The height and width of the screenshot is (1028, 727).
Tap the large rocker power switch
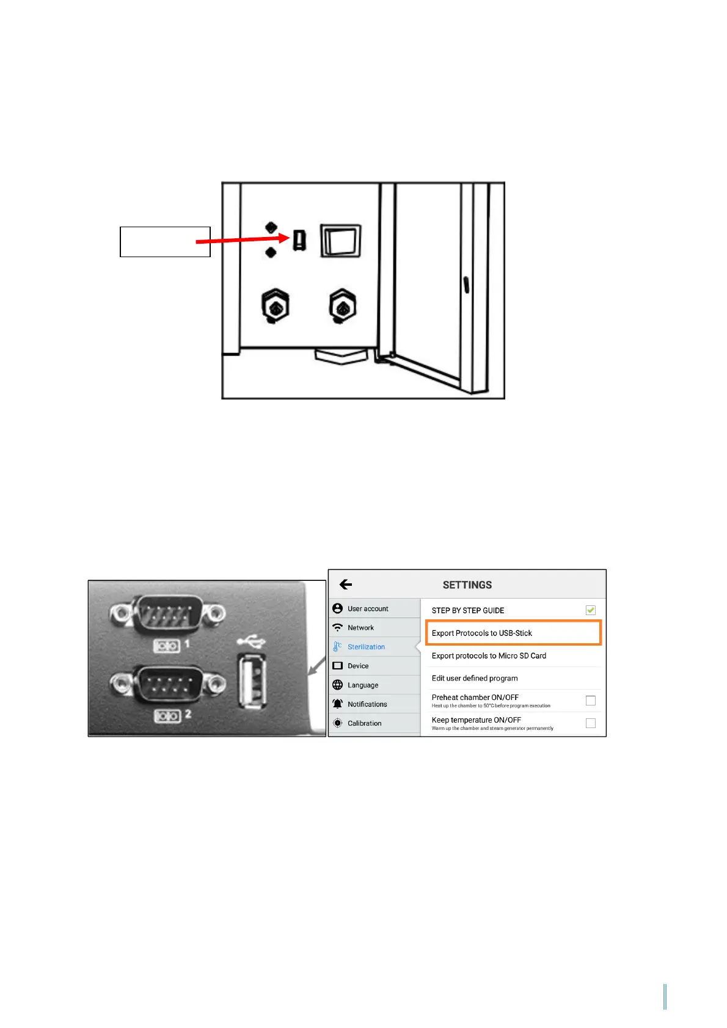(x=340, y=241)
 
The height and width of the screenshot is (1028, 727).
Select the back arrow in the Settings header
(x=346, y=585)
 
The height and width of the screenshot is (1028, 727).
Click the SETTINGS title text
(x=467, y=585)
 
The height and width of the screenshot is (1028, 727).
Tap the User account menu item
(x=368, y=609)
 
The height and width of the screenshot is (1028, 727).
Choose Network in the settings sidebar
(x=360, y=628)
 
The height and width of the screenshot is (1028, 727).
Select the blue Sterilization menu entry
(x=366, y=647)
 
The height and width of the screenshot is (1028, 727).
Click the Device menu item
(x=358, y=666)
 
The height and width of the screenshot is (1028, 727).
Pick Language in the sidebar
(x=363, y=685)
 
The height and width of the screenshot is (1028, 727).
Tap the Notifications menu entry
(x=367, y=704)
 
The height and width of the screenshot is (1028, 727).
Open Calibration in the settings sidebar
(x=364, y=723)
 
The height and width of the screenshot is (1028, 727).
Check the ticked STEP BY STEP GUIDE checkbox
(x=590, y=610)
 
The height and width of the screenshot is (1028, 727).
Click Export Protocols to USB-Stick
(x=482, y=633)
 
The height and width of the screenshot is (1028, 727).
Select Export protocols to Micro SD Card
(x=489, y=656)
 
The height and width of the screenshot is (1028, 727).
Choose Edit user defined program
(x=475, y=679)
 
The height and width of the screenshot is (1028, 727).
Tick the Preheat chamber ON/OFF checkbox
(x=590, y=701)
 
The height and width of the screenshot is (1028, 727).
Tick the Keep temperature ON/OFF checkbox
(x=590, y=723)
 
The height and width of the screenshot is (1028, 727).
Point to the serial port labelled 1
(x=167, y=612)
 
